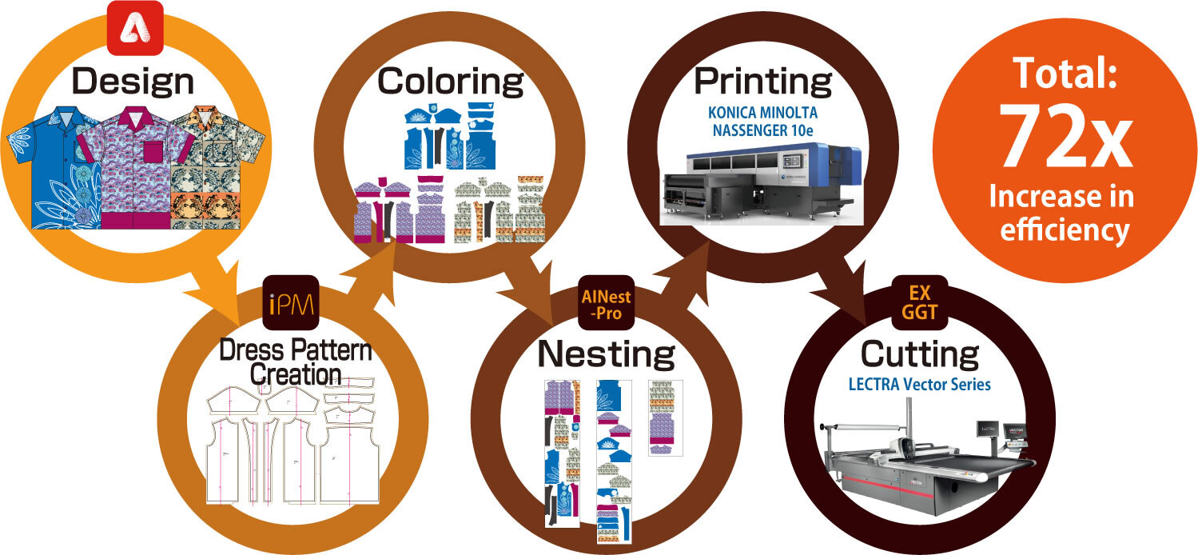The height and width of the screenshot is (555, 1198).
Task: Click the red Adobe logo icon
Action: tap(135, 28)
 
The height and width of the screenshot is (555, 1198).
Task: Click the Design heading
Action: tap(133, 81)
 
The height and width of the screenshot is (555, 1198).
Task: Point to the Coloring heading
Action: tap(450, 81)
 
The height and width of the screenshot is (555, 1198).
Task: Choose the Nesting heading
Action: tap(606, 353)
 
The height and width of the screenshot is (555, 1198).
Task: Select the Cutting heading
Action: tap(919, 353)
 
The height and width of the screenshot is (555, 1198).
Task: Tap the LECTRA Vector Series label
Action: tap(919, 385)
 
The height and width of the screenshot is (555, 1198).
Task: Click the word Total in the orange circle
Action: tap(1065, 74)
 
